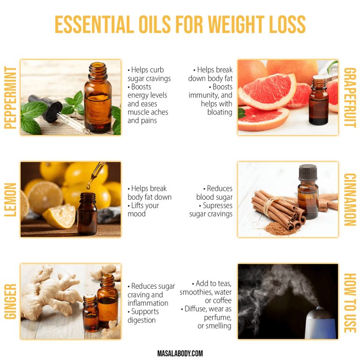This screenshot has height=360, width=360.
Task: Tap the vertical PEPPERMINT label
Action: coord(9,97)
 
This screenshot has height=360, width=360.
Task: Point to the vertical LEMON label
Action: coord(9,199)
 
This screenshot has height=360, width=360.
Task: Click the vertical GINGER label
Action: coord(9,301)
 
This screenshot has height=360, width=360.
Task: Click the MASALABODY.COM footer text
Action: coord(180,353)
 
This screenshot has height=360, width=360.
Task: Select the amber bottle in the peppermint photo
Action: coord(97,98)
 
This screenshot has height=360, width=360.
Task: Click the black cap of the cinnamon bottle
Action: coord(307,172)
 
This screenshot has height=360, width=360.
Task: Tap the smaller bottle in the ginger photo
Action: coord(90,312)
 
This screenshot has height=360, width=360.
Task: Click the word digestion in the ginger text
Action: coord(142,320)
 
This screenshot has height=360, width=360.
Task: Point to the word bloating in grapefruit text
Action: coord(220,112)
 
